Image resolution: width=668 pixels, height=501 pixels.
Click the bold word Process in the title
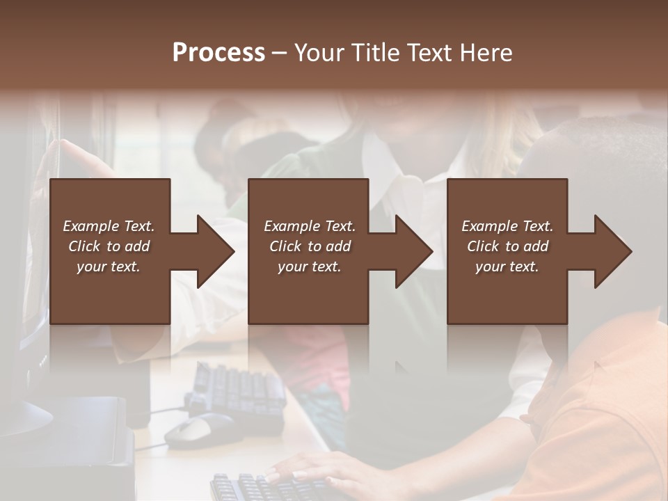[218, 53]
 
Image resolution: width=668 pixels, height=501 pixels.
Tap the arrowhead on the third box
[612, 251]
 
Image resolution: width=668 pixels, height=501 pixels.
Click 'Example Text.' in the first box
[109, 226]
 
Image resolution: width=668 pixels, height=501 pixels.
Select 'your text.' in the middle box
[309, 267]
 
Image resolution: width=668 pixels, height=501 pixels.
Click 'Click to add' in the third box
[507, 246]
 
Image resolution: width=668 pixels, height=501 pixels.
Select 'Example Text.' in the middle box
[309, 226]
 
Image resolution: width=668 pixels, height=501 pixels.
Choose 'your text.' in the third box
[507, 267]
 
